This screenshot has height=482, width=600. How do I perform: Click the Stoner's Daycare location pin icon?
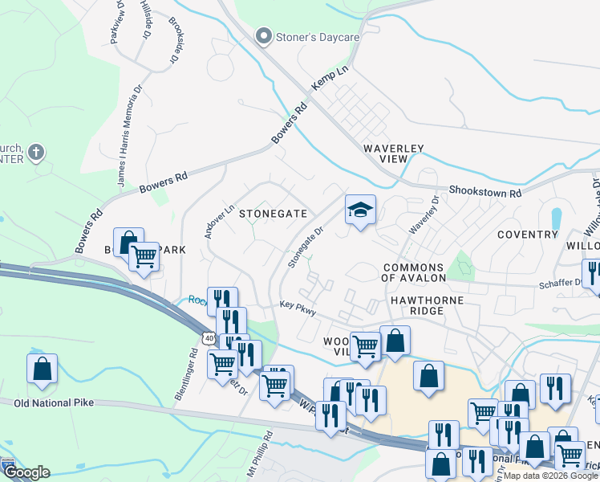[262, 36]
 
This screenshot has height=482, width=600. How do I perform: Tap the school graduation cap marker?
[360, 210]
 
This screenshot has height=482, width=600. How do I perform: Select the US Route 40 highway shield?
[209, 339]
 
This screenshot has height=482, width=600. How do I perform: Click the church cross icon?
[35, 152]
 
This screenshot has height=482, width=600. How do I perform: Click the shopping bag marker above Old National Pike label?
[42, 369]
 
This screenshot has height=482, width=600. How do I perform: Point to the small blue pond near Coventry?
[556, 218]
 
